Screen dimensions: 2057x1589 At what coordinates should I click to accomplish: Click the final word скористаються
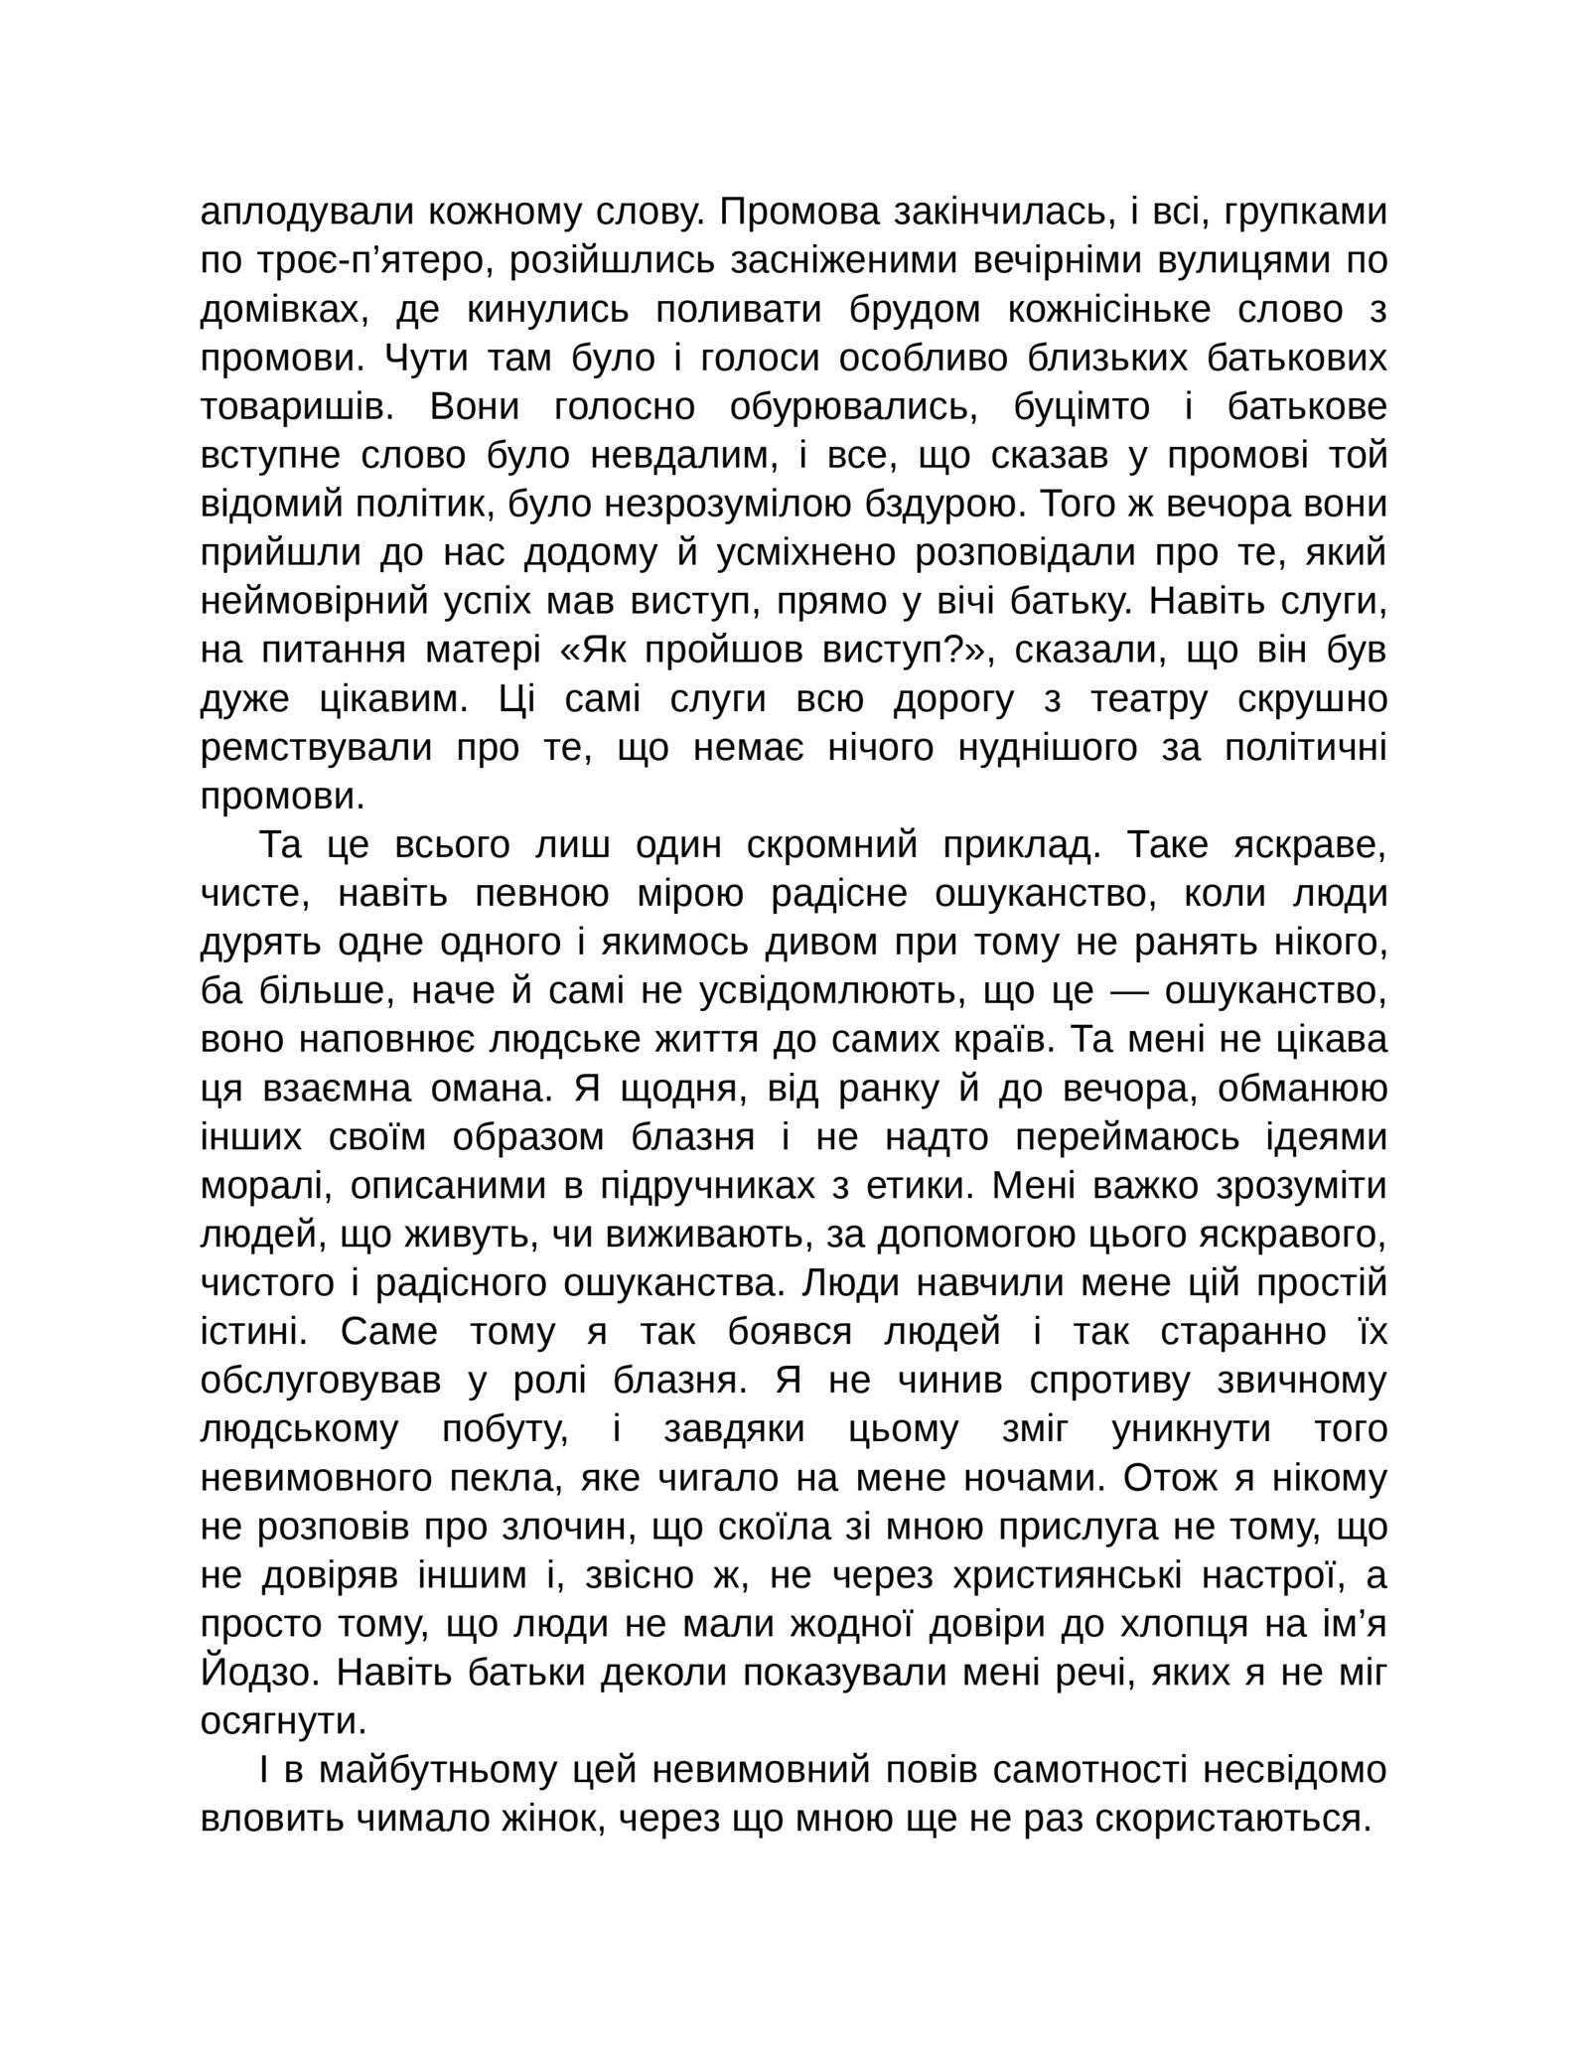(1247, 1820)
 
